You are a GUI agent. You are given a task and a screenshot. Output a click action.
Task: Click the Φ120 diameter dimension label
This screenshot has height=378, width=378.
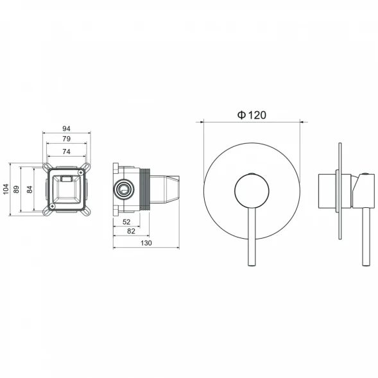click(x=252, y=115)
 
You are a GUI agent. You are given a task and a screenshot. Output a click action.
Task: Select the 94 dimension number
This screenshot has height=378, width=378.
click(x=66, y=129)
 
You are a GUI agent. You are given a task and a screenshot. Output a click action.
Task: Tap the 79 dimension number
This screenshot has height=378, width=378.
click(x=66, y=139)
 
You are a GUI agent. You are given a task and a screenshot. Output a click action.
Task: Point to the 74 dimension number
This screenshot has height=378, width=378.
click(x=66, y=151)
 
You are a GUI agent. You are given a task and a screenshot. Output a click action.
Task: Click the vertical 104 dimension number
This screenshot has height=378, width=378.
click(x=6, y=189)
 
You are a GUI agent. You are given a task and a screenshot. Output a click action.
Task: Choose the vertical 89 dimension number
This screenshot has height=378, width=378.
click(x=16, y=189)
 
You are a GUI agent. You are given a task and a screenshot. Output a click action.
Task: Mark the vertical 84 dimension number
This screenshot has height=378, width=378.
click(x=30, y=189)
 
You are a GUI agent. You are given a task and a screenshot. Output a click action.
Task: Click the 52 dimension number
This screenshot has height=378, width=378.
click(x=126, y=222)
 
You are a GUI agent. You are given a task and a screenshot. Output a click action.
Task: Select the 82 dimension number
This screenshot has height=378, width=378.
click(x=131, y=232)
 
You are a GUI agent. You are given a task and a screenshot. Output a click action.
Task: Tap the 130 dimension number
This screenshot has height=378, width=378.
click(x=146, y=243)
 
